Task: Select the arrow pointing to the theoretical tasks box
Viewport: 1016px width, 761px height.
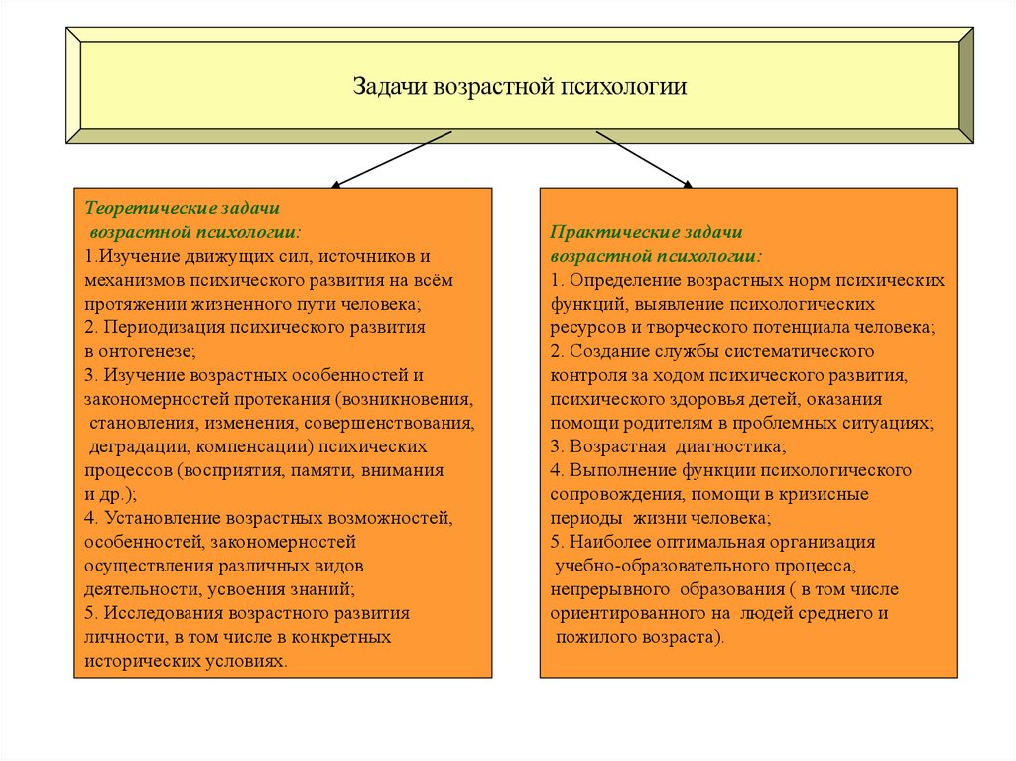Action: tap(391, 158)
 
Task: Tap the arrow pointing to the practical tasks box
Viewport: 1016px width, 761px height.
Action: tap(644, 158)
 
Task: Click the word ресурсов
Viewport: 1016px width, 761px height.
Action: tap(587, 327)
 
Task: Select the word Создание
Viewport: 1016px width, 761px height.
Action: tap(610, 351)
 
